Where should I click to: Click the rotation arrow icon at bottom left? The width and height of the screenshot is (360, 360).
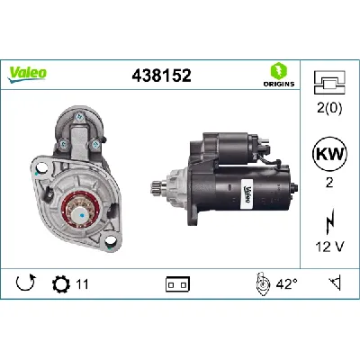coord(23,283)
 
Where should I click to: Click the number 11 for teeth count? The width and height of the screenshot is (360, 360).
coord(82,283)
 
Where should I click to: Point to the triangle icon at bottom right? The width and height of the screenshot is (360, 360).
coord(334,283)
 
